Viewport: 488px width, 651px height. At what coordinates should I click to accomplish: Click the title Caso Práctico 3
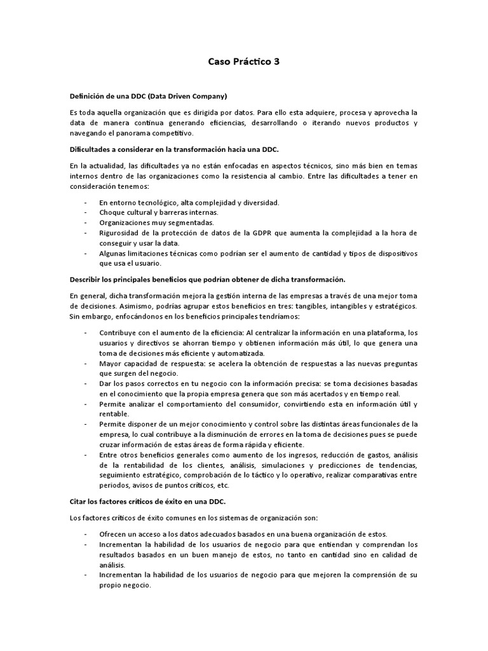pos(243,62)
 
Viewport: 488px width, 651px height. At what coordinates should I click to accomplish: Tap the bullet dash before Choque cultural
pos(85,212)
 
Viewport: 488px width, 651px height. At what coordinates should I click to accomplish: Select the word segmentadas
pos(193,223)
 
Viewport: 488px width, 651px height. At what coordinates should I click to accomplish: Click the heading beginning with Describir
pos(207,279)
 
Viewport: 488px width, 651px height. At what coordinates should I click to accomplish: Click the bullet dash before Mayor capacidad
pos(85,363)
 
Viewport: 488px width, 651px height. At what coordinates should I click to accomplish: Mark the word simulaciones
pos(289,465)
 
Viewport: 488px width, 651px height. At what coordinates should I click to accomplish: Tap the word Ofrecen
pos(114,533)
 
